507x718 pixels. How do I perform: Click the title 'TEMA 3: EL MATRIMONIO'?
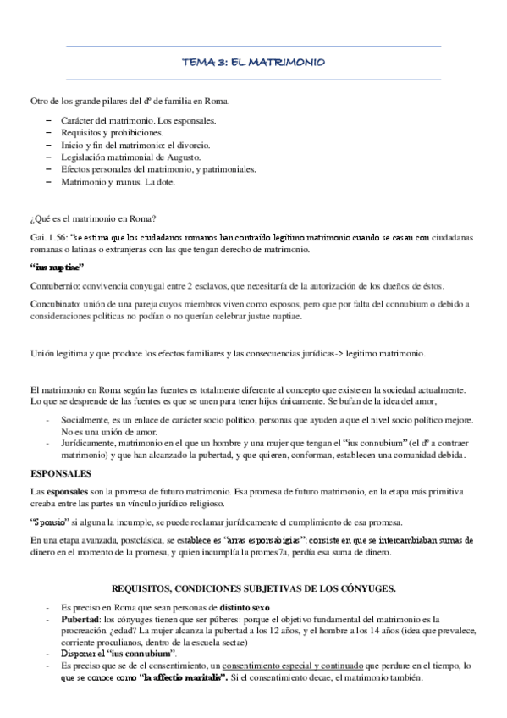click(253, 63)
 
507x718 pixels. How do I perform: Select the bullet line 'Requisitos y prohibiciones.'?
click(112, 133)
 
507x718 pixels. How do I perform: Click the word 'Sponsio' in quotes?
click(52, 520)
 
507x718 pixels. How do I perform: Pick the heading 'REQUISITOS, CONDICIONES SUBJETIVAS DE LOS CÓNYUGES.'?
click(253, 588)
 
